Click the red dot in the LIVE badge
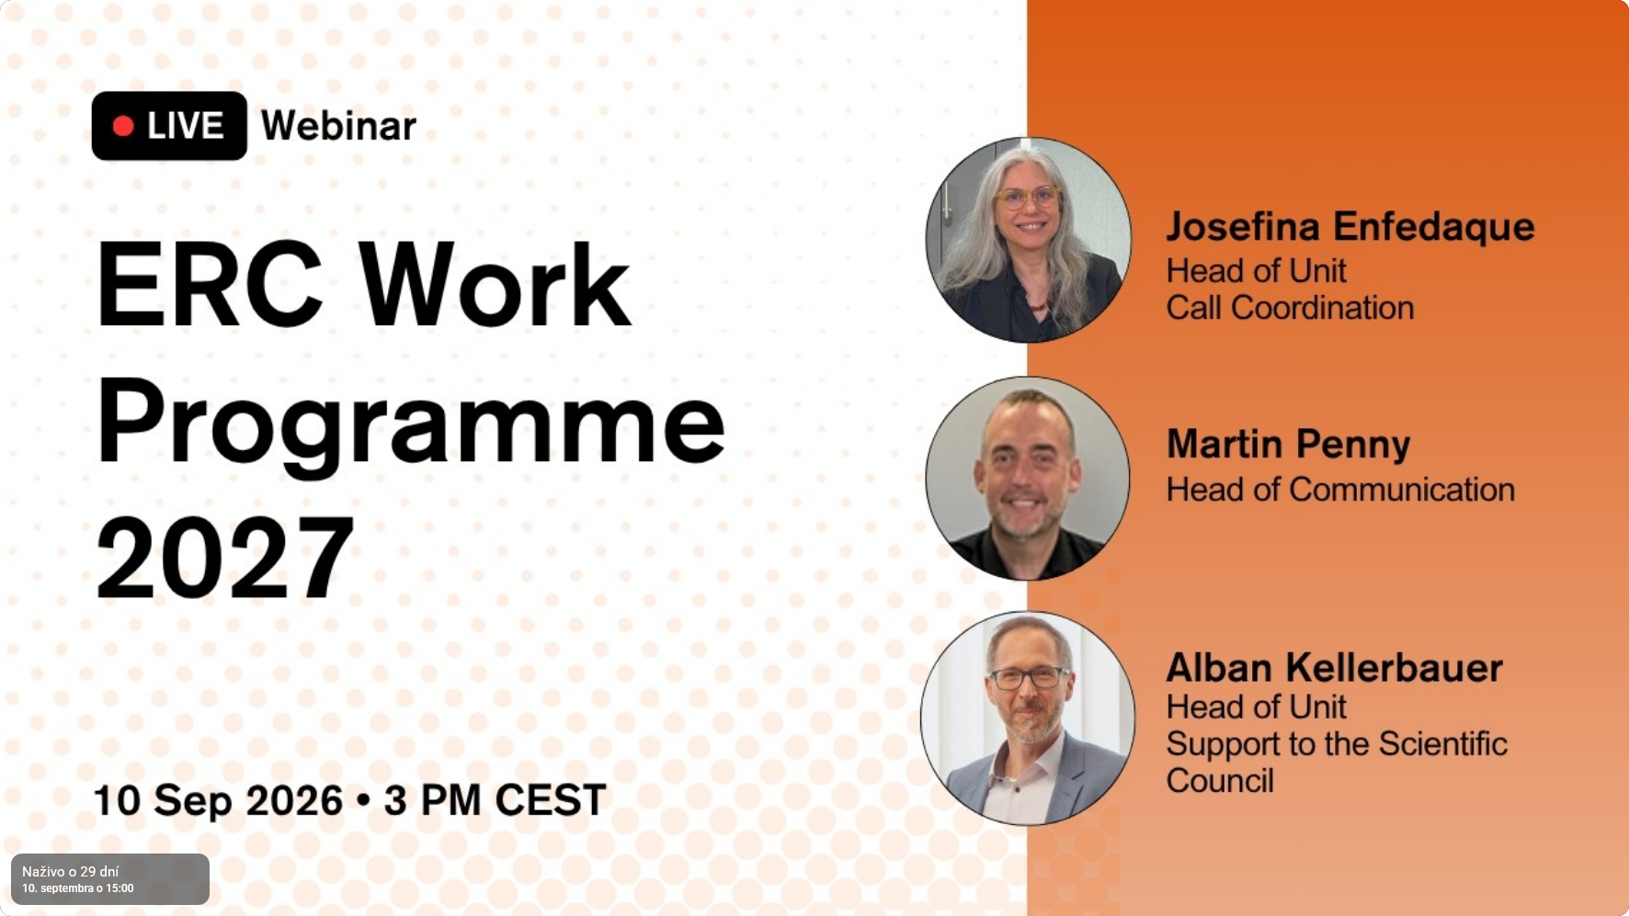123,126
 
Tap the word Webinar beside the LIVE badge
338,126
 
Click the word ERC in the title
210,285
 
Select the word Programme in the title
411,424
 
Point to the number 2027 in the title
225,558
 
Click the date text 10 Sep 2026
218,800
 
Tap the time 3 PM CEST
495,800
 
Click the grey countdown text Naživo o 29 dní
71,871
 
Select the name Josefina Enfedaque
1350,227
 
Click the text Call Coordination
1290,308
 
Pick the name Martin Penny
1288,445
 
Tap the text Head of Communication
1340,490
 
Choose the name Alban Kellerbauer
1334,668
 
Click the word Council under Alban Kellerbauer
1220,781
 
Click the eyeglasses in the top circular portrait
1027,198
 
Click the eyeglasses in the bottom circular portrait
1030,678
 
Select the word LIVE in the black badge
185,126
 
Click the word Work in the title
495,285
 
